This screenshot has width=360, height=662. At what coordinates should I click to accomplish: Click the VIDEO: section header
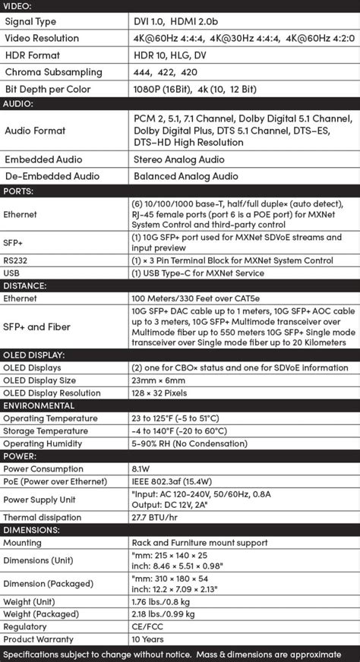tap(18, 6)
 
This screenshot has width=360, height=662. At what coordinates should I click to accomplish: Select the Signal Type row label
tap(30, 21)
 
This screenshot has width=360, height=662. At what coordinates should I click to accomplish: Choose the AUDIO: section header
tap(18, 103)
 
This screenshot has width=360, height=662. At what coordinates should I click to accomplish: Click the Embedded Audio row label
tap(43, 160)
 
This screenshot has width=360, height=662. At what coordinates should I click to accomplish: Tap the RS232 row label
tap(16, 260)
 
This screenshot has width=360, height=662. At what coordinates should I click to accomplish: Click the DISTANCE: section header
tap(25, 285)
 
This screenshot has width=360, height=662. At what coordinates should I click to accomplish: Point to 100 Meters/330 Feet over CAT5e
tap(200, 298)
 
